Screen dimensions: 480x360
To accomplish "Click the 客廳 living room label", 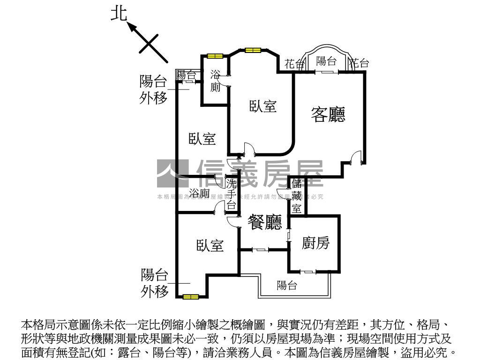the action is tap(328, 114).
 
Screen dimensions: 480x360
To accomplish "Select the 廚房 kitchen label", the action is tap(315, 243).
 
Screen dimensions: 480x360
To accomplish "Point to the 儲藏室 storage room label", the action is tap(297, 196).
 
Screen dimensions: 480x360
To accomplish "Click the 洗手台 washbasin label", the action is tap(232, 193).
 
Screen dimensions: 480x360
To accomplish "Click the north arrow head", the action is tap(133, 27).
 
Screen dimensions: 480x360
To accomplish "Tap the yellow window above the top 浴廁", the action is tap(215, 56).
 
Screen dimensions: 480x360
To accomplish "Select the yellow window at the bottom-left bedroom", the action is tap(191, 296).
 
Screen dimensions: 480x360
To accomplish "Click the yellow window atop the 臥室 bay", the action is tap(252, 50).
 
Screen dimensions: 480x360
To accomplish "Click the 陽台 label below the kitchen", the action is tap(286, 285).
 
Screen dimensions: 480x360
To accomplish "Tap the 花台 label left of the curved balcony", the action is tap(294, 64).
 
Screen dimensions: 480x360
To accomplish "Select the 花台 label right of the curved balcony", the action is tap(360, 63).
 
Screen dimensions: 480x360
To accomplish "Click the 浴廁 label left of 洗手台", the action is tap(199, 193).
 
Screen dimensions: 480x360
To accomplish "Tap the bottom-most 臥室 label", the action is tap(210, 245).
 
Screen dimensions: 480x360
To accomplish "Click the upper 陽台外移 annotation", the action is tap(153, 90).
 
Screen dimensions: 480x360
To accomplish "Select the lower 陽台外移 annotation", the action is tap(155, 283).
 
